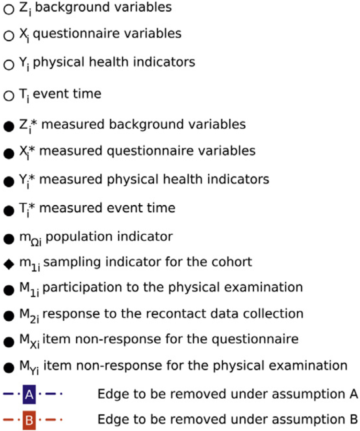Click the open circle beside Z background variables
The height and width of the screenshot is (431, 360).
(9, 9)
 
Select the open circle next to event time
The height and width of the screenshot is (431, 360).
(9, 96)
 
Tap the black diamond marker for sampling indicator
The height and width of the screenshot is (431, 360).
(9, 264)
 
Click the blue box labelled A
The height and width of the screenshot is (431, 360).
(29, 394)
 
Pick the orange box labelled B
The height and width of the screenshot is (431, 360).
(29, 420)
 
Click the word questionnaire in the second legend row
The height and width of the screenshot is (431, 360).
(76, 34)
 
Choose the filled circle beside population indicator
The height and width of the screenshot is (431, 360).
(9, 239)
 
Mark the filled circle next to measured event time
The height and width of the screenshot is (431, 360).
(9, 211)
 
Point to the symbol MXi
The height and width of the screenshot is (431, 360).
(29, 341)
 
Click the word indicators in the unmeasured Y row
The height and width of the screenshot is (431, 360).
(164, 62)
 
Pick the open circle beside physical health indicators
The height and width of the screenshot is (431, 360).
(9, 65)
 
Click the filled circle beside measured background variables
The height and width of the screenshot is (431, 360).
(9, 126)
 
